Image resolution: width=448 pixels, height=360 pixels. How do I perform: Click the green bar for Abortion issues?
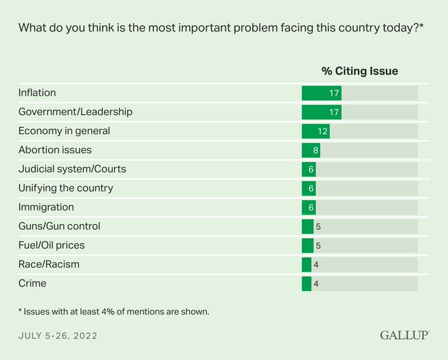click(x=310, y=150)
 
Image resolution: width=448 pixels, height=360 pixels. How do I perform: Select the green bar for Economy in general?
click(x=315, y=131)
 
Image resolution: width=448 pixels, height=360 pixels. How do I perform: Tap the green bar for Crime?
click(x=306, y=284)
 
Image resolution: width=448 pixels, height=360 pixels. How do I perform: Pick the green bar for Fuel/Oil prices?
click(x=307, y=245)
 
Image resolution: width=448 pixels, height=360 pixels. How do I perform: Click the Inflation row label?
click(x=37, y=93)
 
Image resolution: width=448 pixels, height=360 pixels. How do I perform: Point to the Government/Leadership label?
click(x=75, y=112)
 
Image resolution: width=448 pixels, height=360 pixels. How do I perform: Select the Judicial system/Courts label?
click(x=72, y=169)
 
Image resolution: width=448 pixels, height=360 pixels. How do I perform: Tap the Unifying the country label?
click(x=66, y=188)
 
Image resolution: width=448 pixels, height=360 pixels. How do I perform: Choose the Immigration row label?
click(x=46, y=207)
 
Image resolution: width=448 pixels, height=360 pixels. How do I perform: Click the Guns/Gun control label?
click(x=59, y=226)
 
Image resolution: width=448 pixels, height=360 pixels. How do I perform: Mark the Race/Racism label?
click(x=49, y=265)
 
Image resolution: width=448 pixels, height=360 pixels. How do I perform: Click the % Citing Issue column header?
click(x=360, y=71)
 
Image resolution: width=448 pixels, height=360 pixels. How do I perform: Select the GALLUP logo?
click(x=405, y=336)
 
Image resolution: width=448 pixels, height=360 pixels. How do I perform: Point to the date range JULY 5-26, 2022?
click(x=58, y=336)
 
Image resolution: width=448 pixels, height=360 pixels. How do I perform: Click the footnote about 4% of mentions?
click(x=114, y=311)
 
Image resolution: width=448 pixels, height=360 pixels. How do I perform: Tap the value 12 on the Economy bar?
click(x=323, y=131)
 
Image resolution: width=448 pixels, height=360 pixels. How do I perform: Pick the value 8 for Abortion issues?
click(x=316, y=150)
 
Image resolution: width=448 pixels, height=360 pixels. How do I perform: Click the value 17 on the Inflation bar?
click(x=334, y=93)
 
